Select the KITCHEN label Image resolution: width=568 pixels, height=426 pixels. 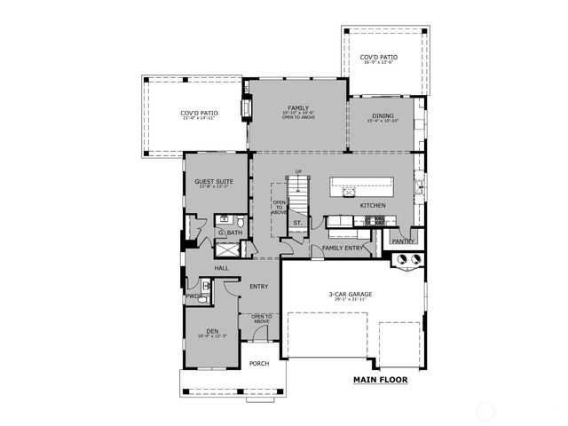pos(373,206)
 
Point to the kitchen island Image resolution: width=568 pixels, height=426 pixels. pos(361,188)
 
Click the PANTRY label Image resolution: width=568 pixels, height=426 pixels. pos(404,240)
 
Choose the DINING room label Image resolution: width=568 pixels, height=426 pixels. pos(383,115)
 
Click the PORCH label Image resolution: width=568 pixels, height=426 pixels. pos(258,364)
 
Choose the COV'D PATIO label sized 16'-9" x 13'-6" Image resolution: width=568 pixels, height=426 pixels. pos(379,58)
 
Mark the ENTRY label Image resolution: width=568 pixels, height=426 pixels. pos(259,286)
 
